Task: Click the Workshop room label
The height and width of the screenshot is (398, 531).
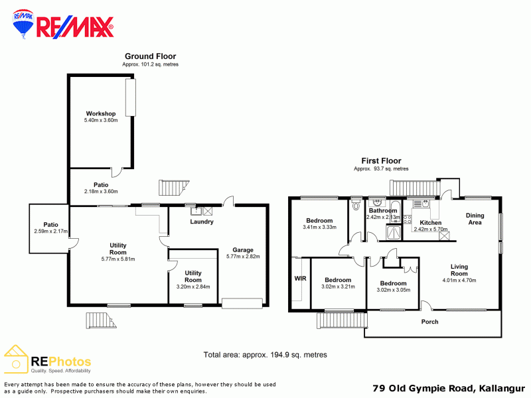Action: point(101,113)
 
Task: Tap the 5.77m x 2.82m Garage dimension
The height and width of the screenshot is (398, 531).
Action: point(243,257)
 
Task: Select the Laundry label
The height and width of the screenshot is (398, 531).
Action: point(202,222)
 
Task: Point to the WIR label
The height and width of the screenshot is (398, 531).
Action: point(300,279)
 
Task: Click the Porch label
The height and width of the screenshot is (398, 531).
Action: point(429,322)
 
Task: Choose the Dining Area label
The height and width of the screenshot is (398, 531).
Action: point(475,219)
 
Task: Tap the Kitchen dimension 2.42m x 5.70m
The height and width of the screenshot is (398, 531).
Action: point(431,230)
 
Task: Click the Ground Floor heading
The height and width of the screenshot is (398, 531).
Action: point(151,56)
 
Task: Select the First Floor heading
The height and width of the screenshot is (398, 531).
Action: point(381,161)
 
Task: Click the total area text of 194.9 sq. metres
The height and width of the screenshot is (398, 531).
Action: point(265,355)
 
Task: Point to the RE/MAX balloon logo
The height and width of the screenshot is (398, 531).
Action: point(23,24)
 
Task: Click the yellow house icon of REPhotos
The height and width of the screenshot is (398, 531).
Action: point(15,359)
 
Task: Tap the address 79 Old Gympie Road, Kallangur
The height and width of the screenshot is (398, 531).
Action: point(449,388)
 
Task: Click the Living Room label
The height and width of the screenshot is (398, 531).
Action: point(459,270)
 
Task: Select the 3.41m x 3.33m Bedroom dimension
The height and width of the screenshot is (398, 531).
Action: point(320,228)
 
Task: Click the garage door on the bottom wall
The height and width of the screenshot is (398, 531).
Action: point(242,303)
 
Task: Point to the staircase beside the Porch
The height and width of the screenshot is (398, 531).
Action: point(342,320)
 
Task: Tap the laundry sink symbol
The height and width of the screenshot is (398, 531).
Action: point(196,211)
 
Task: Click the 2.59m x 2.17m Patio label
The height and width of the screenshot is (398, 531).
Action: point(51,228)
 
